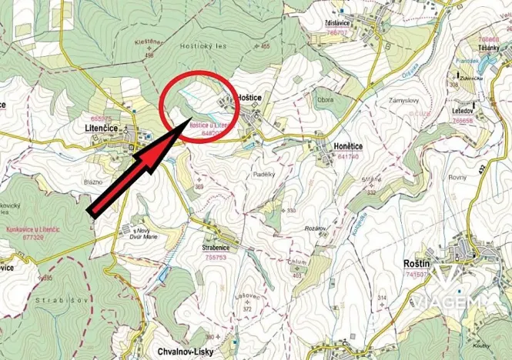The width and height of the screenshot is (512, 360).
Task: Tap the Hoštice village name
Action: pyautogui.click(x=252, y=99)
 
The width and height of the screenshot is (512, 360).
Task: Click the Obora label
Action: pyautogui.click(x=325, y=101)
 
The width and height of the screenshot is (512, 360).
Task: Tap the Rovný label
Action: pyautogui.click(x=457, y=177)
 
